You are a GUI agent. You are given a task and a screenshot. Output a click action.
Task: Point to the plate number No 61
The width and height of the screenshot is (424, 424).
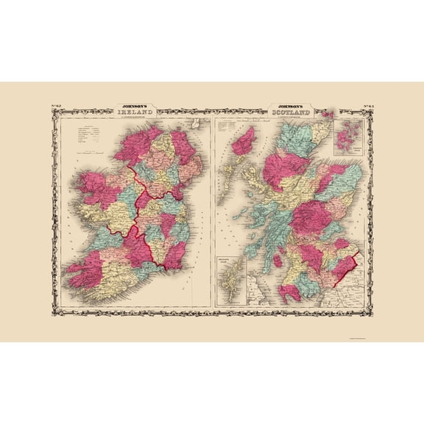point(368,109)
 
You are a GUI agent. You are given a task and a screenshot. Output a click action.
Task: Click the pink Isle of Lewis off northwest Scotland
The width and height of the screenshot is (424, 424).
point(244,140)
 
